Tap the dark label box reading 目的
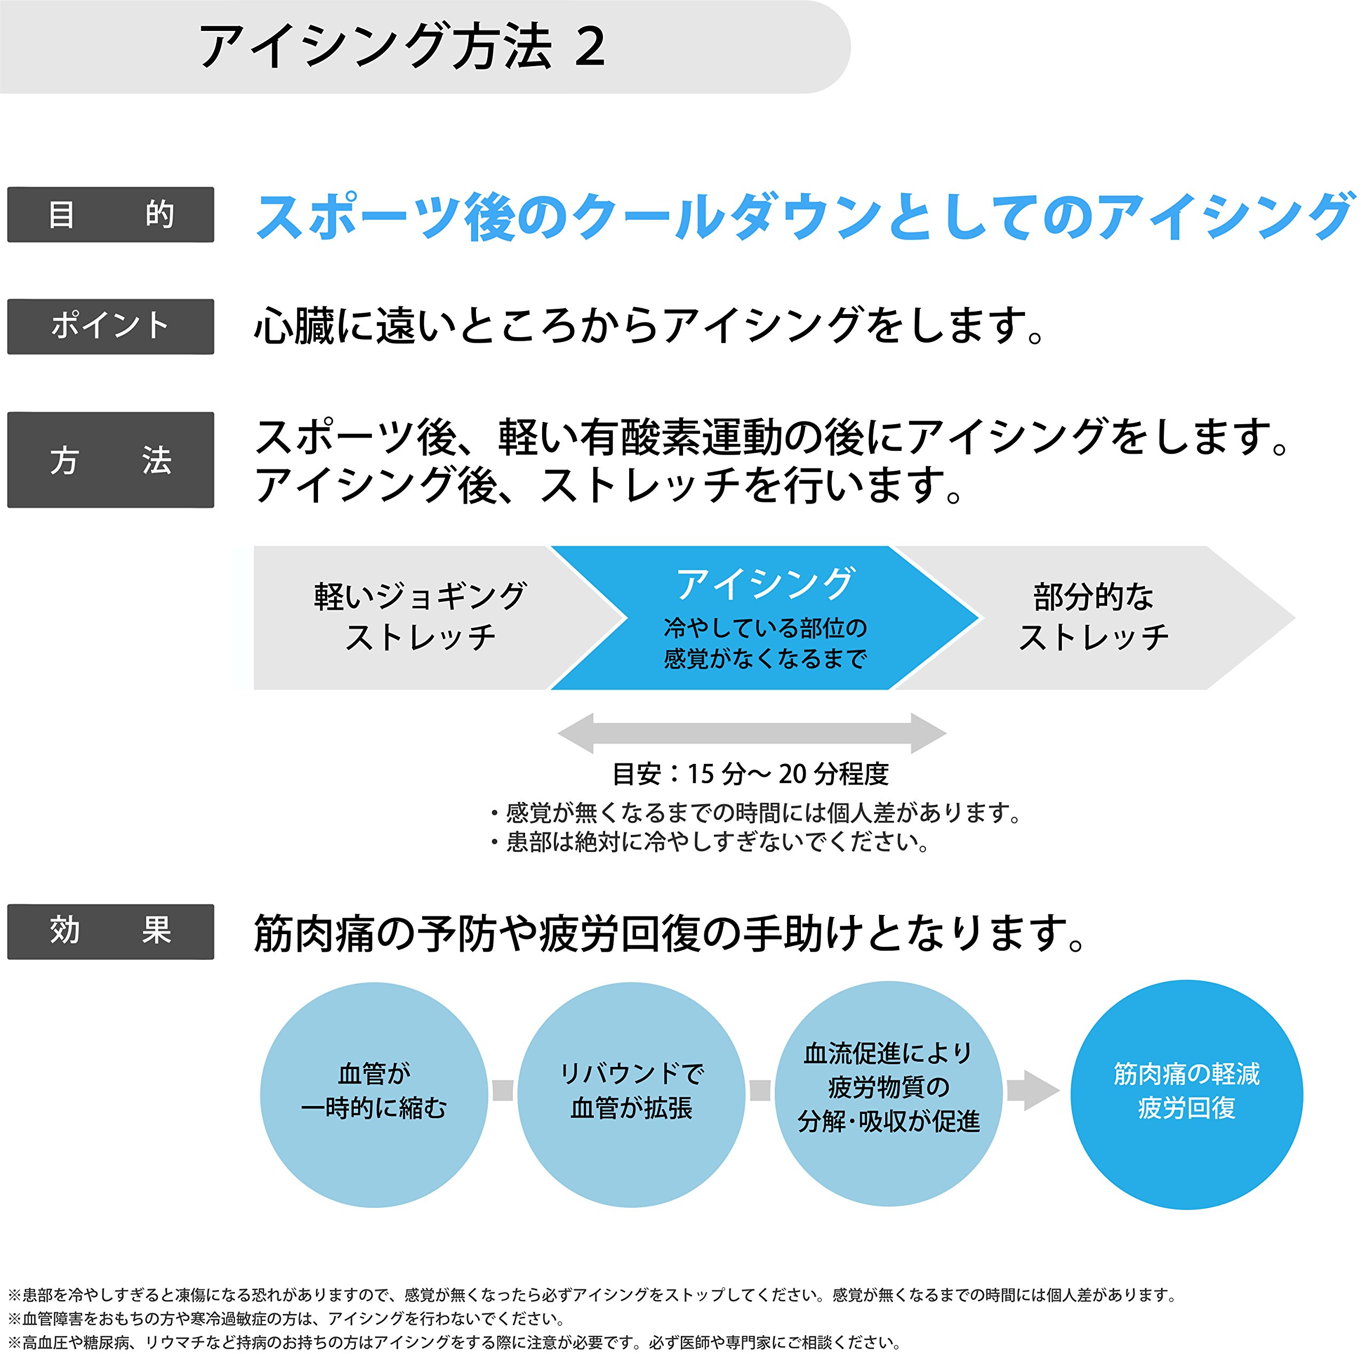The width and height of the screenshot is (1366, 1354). (x=110, y=214)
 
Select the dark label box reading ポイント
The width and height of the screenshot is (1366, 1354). (x=110, y=326)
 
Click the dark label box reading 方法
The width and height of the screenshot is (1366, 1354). (x=110, y=459)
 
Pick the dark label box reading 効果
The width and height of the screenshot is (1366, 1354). (x=110, y=930)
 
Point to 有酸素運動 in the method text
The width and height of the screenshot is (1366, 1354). (x=679, y=437)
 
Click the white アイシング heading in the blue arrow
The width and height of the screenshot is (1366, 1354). (x=766, y=584)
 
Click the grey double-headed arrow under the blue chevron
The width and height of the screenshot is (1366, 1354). (x=752, y=733)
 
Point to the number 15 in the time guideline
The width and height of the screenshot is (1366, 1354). (x=701, y=774)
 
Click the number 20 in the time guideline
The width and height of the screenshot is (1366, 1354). (x=792, y=774)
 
